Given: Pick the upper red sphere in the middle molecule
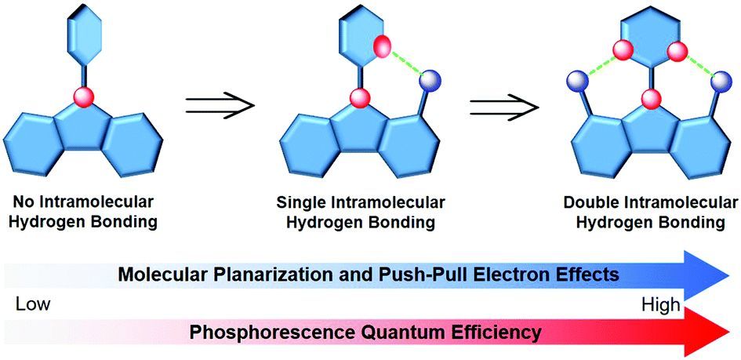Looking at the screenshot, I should coord(381,45).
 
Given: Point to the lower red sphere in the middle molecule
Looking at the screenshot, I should coord(360,98).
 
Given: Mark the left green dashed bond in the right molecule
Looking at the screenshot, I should coord(600,66).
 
